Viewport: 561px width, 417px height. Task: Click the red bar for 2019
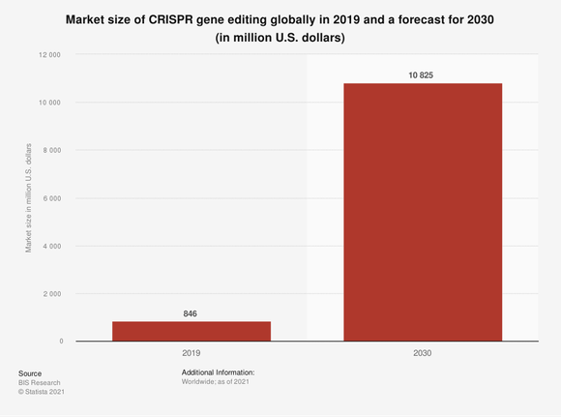(x=192, y=331)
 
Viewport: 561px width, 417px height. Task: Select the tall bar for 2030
(x=423, y=212)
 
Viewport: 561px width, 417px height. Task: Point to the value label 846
(x=192, y=313)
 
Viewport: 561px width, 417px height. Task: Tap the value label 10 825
(x=423, y=74)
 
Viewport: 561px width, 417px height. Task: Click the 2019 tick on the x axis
(x=192, y=354)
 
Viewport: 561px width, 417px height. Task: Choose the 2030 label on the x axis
(x=423, y=354)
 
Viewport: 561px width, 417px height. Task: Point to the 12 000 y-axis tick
(x=48, y=55)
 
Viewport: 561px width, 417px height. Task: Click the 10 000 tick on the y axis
(x=48, y=103)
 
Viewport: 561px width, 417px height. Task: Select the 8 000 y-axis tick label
(x=51, y=150)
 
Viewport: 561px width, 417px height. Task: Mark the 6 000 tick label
(x=51, y=198)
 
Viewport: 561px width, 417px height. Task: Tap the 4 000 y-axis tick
(x=51, y=246)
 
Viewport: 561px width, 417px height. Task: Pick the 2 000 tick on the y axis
(x=51, y=293)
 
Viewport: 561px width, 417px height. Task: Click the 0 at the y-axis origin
(x=60, y=342)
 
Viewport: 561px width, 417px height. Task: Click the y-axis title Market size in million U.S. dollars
(x=29, y=198)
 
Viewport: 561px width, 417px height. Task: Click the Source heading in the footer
(x=30, y=372)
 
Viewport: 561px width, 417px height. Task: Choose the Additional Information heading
(x=218, y=372)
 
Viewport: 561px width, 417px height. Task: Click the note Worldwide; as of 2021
(x=218, y=382)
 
